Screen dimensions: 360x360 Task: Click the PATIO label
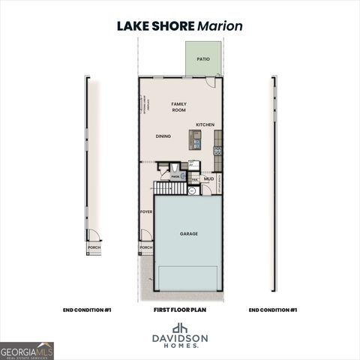pos(203,58)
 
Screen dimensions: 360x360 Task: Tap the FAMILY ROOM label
pos(178,106)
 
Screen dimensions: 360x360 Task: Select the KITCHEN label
pos(205,124)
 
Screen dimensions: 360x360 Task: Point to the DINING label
pos(163,136)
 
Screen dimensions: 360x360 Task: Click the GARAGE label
pos(188,233)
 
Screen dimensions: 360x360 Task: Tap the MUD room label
pos(209,179)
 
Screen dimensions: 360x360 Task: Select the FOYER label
pos(146,212)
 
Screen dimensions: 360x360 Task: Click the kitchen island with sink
pos(195,139)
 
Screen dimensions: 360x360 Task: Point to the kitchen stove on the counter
pos(217,150)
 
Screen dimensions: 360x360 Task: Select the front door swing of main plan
pos(146,235)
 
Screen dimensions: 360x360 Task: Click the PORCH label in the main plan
pos(146,247)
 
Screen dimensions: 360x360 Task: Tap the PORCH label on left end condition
pos(94,247)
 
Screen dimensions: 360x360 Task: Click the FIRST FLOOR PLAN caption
pos(180,309)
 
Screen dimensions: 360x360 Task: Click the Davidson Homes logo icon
pos(180,328)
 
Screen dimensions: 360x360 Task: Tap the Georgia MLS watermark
pos(27,350)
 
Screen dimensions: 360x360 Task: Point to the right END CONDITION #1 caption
pos(273,309)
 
